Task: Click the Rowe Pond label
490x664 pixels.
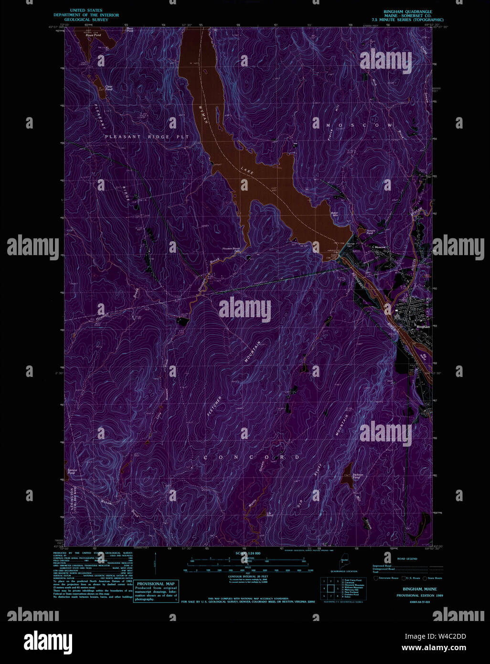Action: coord(93,35)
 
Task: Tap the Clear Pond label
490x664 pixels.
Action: coord(109,88)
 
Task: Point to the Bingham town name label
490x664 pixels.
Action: coord(423,327)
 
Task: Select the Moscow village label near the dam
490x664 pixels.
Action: coord(380,247)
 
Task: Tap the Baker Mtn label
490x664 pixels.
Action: coord(334,214)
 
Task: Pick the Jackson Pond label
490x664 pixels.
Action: coord(358,476)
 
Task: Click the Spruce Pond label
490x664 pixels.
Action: coord(72,471)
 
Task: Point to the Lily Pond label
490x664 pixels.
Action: coord(269,514)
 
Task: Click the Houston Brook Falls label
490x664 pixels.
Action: coord(231,250)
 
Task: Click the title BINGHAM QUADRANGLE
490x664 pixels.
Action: coord(408,11)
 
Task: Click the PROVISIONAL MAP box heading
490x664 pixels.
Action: coord(156,584)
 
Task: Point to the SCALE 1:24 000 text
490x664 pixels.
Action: coord(248,553)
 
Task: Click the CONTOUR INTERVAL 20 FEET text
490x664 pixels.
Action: coord(247,577)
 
